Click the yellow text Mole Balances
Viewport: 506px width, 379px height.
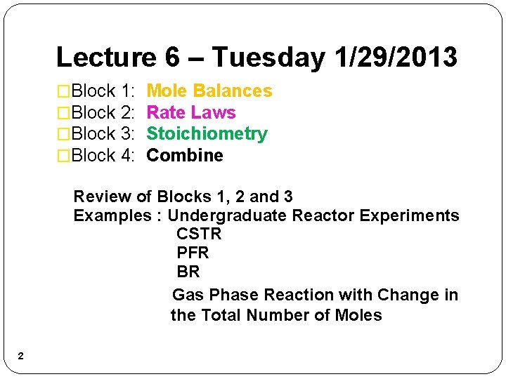(x=209, y=91)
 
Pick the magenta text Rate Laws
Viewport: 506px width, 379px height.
(x=190, y=112)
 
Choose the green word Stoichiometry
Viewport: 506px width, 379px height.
(x=207, y=134)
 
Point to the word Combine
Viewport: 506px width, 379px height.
(x=184, y=155)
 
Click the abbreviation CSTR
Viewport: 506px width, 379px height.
(x=199, y=234)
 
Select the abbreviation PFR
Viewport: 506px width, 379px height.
(x=193, y=253)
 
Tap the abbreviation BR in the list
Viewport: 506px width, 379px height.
(x=188, y=272)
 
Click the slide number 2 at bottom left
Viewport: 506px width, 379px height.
(x=20, y=357)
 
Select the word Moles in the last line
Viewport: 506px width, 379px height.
(x=358, y=316)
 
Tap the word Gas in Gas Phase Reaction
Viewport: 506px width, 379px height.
(x=188, y=295)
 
